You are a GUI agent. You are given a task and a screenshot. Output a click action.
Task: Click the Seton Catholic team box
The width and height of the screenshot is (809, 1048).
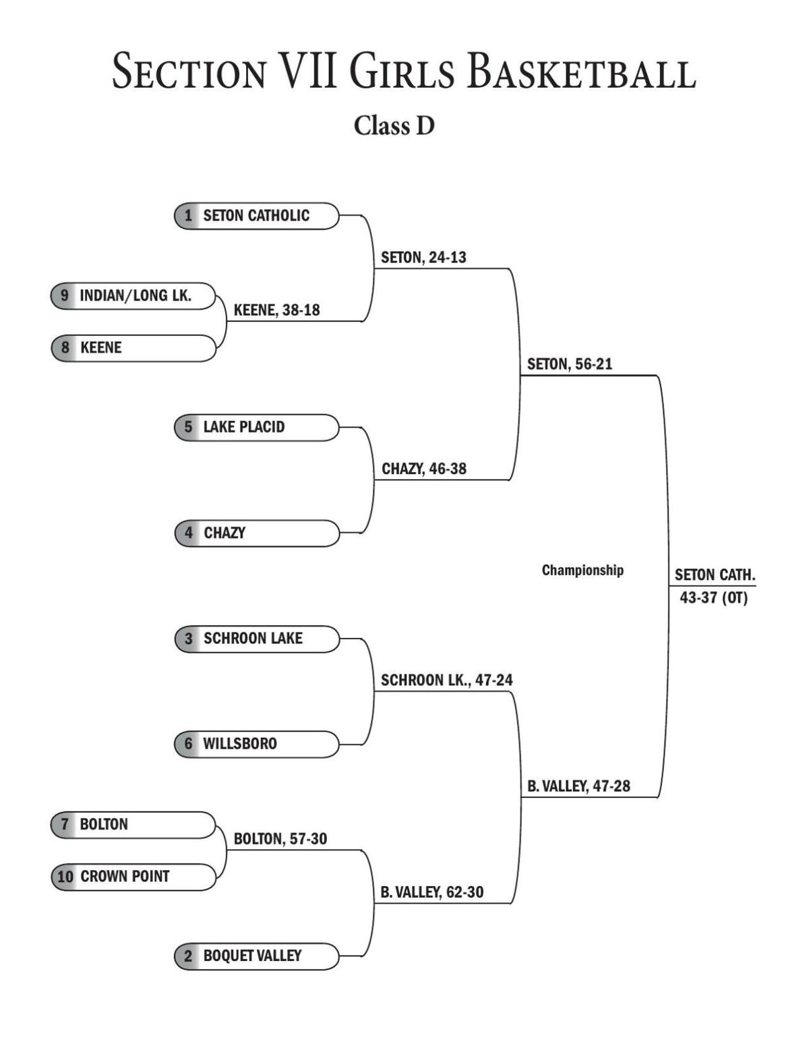tap(256, 216)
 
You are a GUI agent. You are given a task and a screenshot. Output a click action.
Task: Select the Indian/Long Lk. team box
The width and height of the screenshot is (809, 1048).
tap(133, 295)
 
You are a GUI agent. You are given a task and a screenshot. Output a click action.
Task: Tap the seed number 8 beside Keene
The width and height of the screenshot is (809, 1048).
tap(65, 348)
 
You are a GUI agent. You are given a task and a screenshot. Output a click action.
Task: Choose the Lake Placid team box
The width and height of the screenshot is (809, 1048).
tap(256, 427)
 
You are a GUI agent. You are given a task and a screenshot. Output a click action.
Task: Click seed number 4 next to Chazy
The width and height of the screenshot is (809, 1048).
tap(188, 533)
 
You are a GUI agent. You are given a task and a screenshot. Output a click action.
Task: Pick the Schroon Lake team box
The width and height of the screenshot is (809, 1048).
tap(256, 639)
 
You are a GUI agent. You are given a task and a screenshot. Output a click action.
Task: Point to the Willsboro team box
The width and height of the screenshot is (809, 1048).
tap(256, 744)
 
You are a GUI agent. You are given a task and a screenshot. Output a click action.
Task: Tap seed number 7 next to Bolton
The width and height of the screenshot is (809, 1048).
tap(65, 824)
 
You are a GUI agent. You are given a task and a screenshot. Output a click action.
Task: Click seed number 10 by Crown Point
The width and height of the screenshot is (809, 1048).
tap(65, 877)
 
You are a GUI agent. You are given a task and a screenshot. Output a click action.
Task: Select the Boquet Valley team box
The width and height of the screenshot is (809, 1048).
tap(256, 956)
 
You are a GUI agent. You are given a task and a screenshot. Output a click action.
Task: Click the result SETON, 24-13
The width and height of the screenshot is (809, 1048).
tap(423, 258)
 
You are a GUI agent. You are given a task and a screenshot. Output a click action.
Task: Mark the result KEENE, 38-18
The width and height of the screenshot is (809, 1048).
tap(276, 310)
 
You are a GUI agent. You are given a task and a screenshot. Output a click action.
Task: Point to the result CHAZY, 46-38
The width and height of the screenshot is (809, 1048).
tap(423, 469)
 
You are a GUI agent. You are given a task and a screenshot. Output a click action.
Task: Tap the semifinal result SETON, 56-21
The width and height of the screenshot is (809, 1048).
tap(570, 364)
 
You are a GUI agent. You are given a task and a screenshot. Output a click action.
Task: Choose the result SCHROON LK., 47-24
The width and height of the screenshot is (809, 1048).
tap(446, 680)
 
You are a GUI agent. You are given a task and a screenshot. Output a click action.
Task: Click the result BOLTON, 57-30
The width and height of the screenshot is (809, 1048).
tap(280, 839)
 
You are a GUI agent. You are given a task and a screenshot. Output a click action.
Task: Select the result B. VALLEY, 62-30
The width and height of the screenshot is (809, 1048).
tap(431, 892)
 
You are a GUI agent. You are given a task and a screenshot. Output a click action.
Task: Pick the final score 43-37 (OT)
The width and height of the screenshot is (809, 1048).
tap(713, 598)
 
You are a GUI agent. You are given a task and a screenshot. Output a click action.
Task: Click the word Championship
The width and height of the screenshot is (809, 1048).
tap(582, 571)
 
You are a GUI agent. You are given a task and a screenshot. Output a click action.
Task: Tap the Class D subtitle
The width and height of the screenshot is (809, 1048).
tap(394, 125)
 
